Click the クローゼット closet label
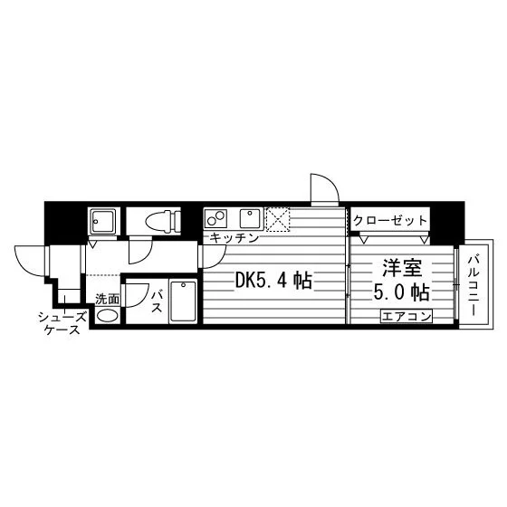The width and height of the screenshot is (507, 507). click(x=390, y=221)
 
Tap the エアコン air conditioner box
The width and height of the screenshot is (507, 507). click(x=407, y=316)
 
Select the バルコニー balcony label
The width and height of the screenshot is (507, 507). click(x=474, y=286)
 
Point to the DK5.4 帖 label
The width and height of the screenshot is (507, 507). click(x=273, y=281)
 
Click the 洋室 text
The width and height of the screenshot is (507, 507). click(x=403, y=268)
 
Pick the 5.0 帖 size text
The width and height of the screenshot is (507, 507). click(x=402, y=292)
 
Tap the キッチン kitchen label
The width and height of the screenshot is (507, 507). click(x=234, y=238)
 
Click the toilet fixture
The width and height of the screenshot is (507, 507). click(x=163, y=221)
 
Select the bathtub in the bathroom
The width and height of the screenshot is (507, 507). click(x=183, y=301)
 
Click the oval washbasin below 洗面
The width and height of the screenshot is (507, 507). click(x=108, y=315)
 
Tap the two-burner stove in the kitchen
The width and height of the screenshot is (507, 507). click(x=216, y=219)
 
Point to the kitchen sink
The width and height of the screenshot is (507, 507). click(x=250, y=218)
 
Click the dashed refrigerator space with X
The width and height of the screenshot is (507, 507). click(x=278, y=219)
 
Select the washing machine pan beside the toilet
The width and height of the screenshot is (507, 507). click(x=102, y=221)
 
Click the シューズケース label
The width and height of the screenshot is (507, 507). click(x=62, y=323)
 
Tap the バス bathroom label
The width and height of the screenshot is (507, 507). click(x=157, y=301)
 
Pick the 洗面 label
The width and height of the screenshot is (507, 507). click(x=107, y=300)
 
